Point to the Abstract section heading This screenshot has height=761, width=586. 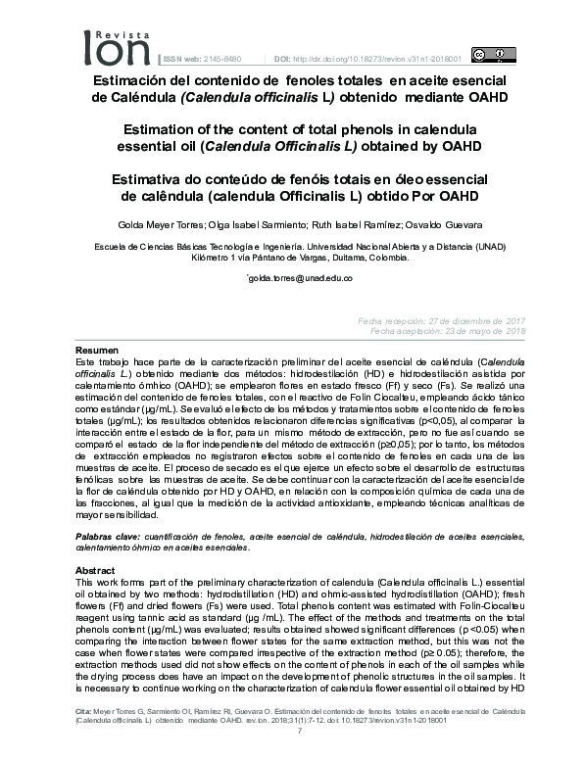(x=96, y=569)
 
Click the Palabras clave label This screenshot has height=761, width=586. (x=105, y=538)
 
